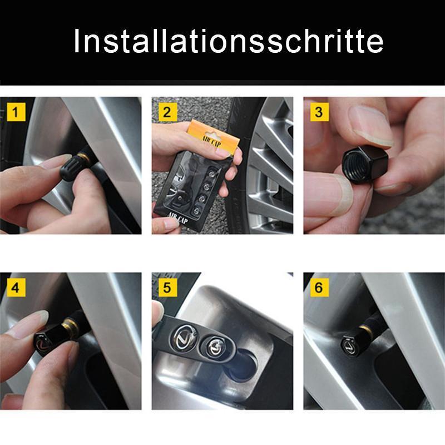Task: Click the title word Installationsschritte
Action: pos(228,42)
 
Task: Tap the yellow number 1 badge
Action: pos(16,112)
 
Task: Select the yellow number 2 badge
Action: pos(167,112)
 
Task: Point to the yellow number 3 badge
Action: pos(318,112)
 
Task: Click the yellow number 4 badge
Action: pos(16,288)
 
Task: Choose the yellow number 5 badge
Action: pos(167,288)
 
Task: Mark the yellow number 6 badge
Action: pos(318,288)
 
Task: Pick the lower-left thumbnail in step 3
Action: pos(328,195)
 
